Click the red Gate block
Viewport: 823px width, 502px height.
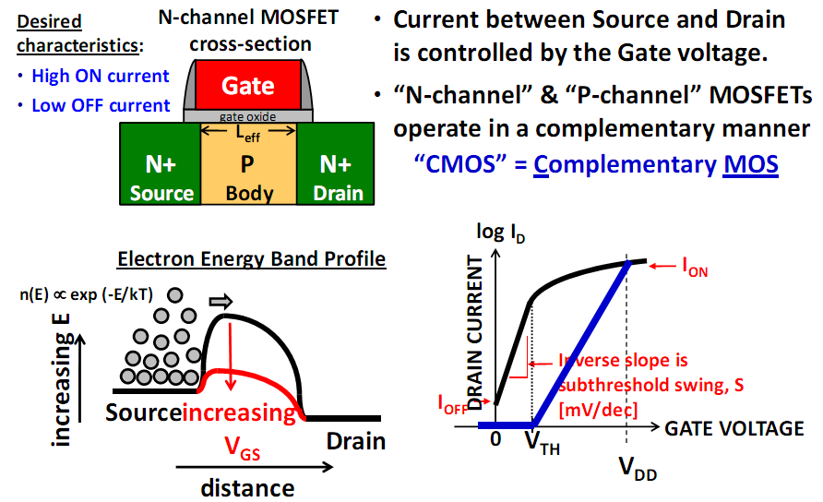pyautogui.click(x=247, y=86)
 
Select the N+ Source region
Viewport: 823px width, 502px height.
pyautogui.click(x=161, y=178)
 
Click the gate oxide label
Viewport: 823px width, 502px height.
pyautogui.click(x=247, y=117)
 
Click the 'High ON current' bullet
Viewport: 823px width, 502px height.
pyautogui.click(x=100, y=77)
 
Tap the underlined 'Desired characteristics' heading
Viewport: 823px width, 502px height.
pyautogui.click(x=62, y=33)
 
